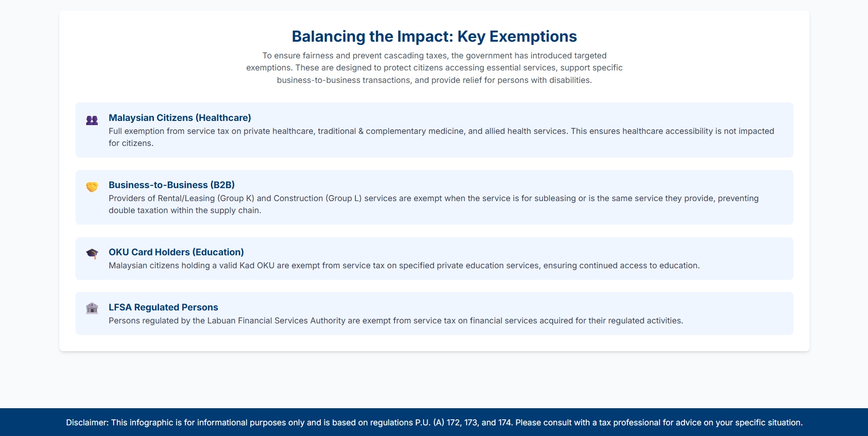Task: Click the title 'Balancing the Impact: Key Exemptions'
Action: point(434,37)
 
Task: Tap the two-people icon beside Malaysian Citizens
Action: point(92,120)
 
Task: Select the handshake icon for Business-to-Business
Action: point(92,187)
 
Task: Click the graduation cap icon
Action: point(92,254)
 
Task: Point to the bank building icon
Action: point(92,308)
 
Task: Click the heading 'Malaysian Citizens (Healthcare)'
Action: point(180,118)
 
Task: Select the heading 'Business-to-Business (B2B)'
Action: point(171,185)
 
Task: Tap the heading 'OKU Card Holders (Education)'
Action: point(176,252)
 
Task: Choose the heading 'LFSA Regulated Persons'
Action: point(163,307)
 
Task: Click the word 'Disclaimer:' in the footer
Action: point(87,423)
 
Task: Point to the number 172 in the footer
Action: point(454,423)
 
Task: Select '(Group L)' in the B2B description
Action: point(344,198)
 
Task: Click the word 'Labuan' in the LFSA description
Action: point(222,321)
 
